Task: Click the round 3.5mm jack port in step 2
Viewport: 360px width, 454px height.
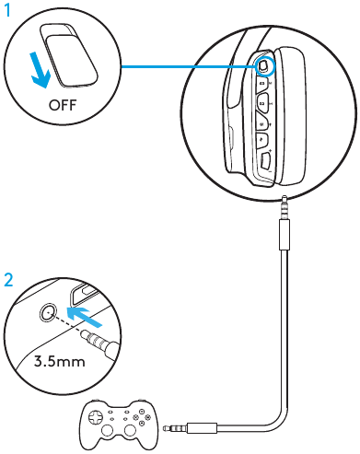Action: [45, 313]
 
